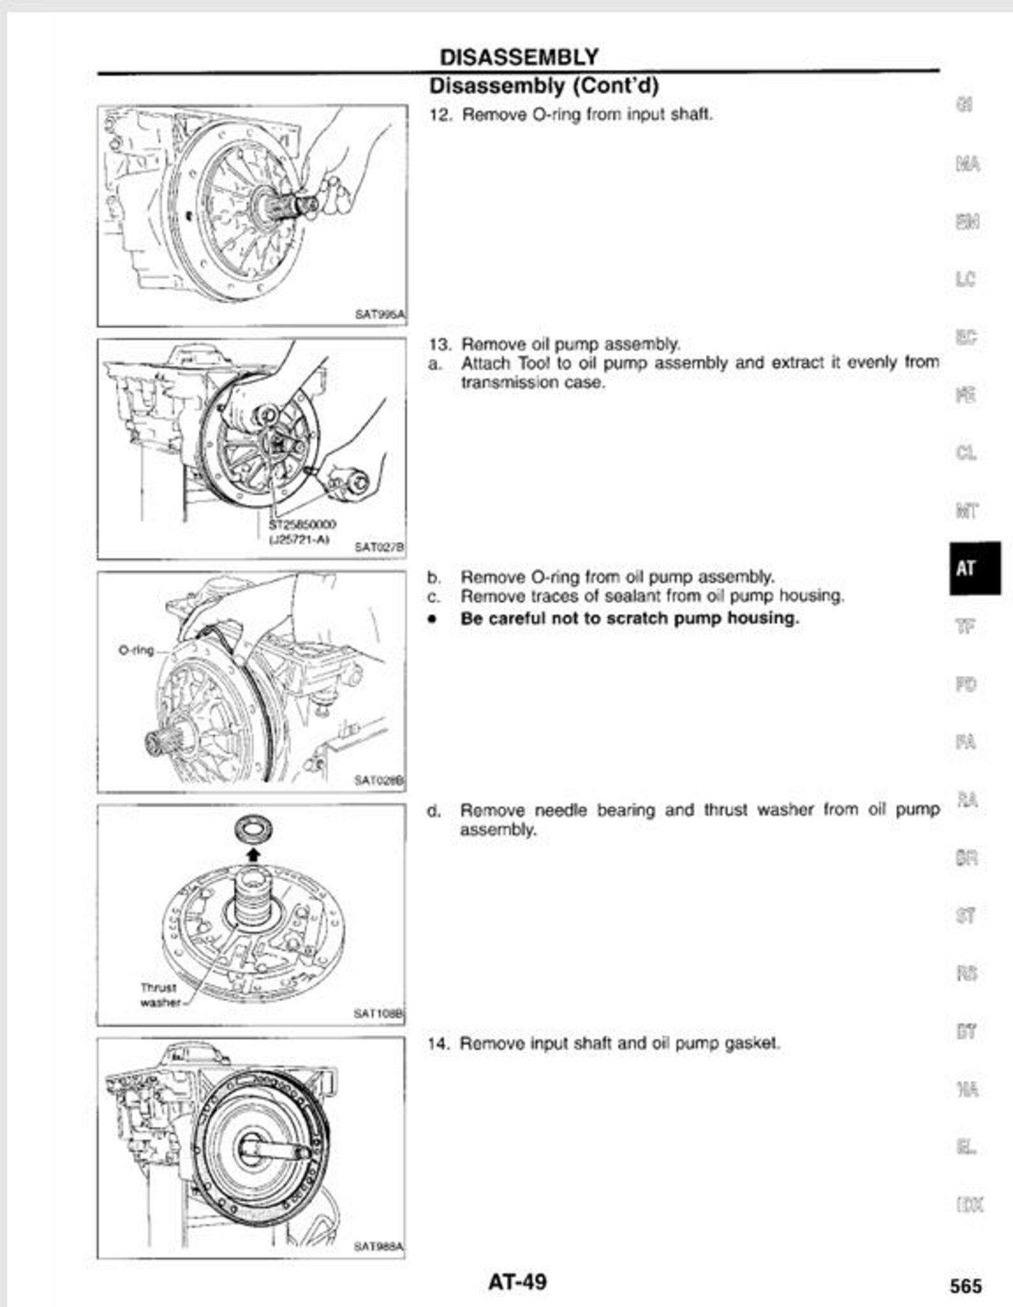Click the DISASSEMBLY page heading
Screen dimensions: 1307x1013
[x=519, y=57]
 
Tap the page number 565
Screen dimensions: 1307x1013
[x=965, y=1285]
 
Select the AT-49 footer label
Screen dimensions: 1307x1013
[x=517, y=1281]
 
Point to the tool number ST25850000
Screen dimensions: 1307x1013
[x=302, y=524]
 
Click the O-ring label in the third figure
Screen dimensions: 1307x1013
[x=136, y=650]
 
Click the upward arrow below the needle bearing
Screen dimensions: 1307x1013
[x=253, y=853]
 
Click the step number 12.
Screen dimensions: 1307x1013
[x=440, y=115]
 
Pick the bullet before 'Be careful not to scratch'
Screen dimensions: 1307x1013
[x=433, y=619]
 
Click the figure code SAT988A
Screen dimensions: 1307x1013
[x=378, y=1246]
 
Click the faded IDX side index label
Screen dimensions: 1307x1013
[x=969, y=1205]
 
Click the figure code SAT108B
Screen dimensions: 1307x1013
[x=378, y=1014]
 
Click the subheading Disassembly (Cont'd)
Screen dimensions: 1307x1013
[x=543, y=85]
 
